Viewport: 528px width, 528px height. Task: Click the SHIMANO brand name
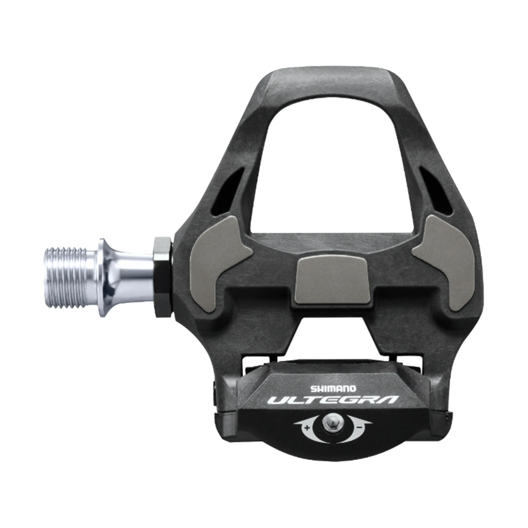click(333, 389)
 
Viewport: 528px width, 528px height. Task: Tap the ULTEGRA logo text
click(333, 400)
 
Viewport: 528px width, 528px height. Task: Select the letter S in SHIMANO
click(312, 389)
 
